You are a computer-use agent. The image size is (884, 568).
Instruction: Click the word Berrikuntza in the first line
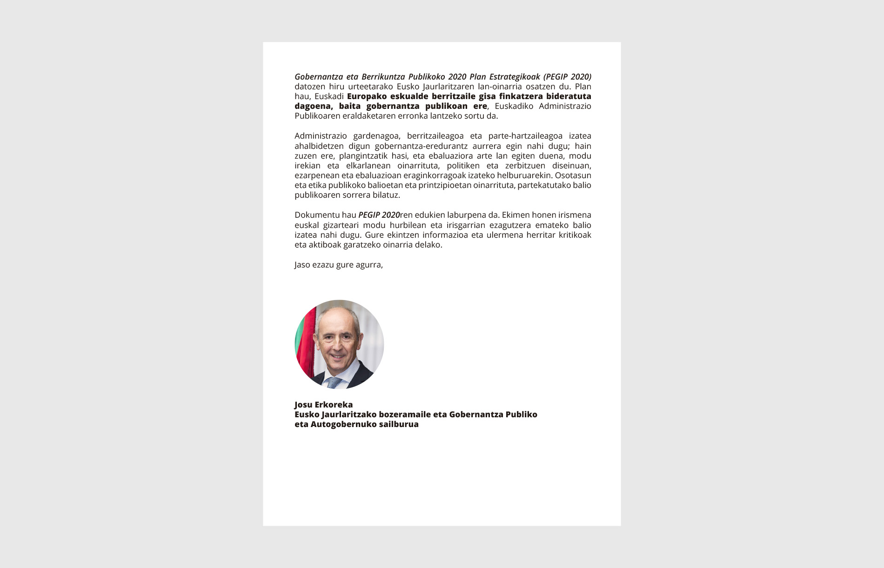[x=383, y=77]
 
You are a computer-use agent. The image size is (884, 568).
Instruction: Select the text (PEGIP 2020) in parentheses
[x=567, y=77]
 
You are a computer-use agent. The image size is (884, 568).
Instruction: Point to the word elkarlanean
[x=368, y=166]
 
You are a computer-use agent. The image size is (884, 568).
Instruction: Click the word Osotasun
[x=573, y=175]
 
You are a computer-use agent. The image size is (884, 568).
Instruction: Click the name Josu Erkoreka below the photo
[x=323, y=405]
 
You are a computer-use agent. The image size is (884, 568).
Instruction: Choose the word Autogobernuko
[x=343, y=424]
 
